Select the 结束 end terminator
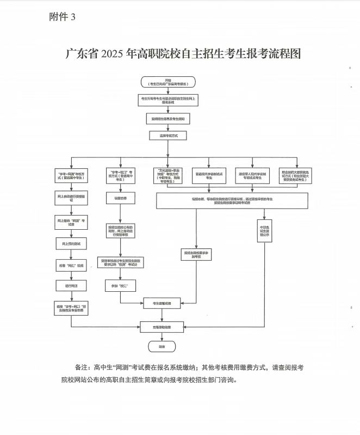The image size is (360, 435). pyautogui.click(x=162, y=346)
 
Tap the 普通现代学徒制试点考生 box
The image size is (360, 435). pyautogui.click(x=210, y=175)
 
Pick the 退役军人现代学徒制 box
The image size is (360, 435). pyautogui.click(x=252, y=175)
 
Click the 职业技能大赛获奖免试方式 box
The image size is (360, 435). pyautogui.click(x=294, y=175)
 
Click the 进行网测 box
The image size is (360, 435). pyautogui.click(x=71, y=285)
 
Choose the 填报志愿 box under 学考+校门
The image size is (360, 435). pyautogui.click(x=120, y=199)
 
